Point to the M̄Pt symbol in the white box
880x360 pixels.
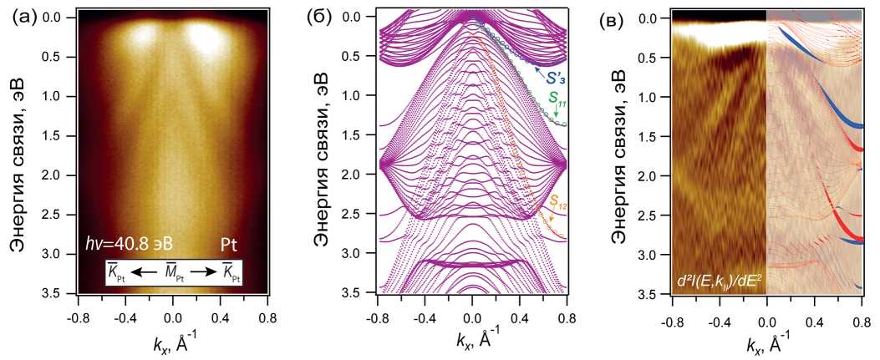174,272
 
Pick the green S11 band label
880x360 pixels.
557,104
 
